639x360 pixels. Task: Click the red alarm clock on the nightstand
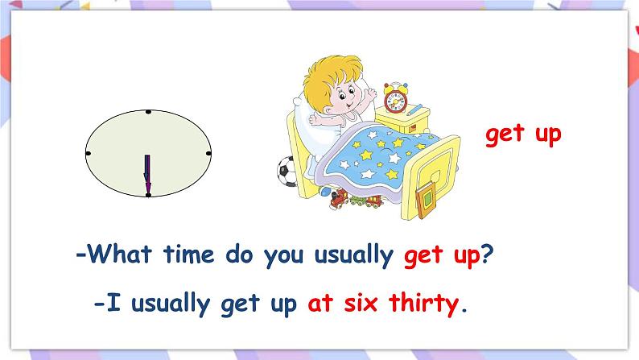[394, 98]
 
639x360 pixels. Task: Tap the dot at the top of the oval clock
[148, 111]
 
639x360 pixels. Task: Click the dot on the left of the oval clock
[88, 152]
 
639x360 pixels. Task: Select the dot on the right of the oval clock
[208, 152]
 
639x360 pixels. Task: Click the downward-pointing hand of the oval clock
[147, 174]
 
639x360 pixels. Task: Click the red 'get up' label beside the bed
[522, 134]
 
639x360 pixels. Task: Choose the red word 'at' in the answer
[319, 304]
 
